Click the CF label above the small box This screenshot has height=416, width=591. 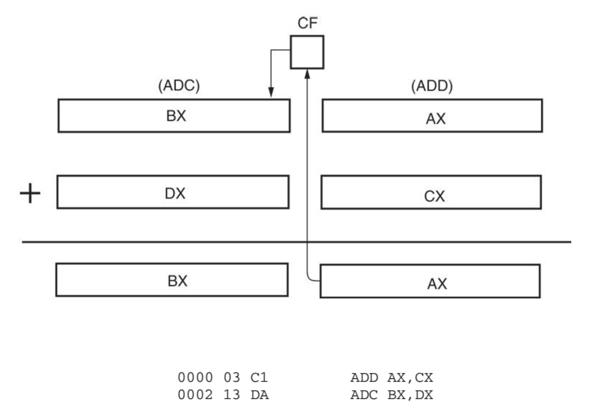coord(307,23)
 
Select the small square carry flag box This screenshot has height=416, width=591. coord(307,52)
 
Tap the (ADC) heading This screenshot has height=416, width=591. coord(179,86)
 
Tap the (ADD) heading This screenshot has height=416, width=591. coord(432,86)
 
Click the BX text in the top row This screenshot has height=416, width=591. coord(176,116)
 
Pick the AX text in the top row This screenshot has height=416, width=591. coord(436,119)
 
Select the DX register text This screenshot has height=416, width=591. coord(175,193)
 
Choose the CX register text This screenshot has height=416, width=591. coord(434,196)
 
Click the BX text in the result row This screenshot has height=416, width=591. coord(177,281)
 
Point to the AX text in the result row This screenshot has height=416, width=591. coord(437,284)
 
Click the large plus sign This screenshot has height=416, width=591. coord(30,193)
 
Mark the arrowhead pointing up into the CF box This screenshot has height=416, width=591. coord(307,74)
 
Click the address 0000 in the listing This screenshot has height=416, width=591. coord(195,377)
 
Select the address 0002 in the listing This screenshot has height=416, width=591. coord(195,395)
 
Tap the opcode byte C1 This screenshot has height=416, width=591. coord(259,377)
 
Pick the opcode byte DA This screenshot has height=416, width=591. coord(260,395)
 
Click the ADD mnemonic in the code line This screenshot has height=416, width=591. coord(364,377)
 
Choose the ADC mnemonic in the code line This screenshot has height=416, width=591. coord(364,395)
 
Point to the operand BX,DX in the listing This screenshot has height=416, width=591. coord(410,395)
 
